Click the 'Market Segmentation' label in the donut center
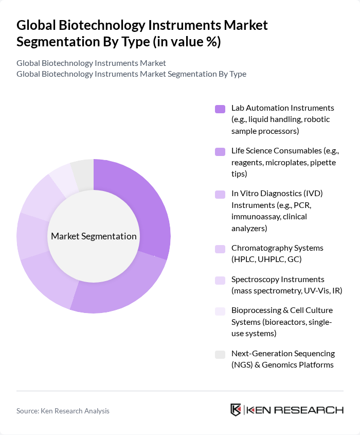(94, 236)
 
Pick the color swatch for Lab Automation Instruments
(220, 109)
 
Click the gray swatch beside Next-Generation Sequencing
(220, 354)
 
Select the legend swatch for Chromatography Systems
(220, 249)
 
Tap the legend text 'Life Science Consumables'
(276, 151)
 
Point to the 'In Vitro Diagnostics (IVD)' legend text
(277, 194)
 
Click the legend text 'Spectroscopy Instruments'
(278, 279)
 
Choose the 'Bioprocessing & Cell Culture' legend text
(282, 310)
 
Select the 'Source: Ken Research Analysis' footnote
(63, 411)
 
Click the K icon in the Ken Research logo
(236, 410)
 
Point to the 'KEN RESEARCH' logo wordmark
(295, 410)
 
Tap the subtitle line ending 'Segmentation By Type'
(131, 74)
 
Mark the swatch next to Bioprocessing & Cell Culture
(220, 311)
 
